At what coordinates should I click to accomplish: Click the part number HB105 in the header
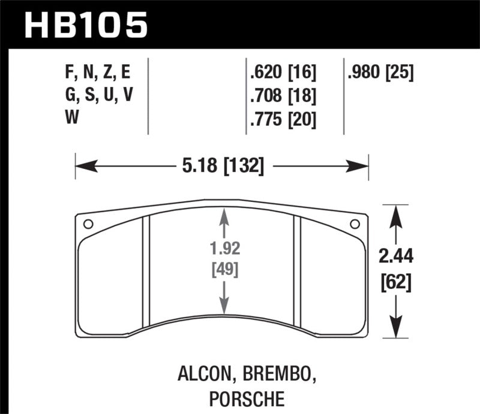tap(85, 25)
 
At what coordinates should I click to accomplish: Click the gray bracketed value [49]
tap(224, 269)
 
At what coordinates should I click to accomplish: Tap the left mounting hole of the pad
tap(88, 225)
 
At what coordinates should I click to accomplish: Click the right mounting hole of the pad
tap(354, 224)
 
